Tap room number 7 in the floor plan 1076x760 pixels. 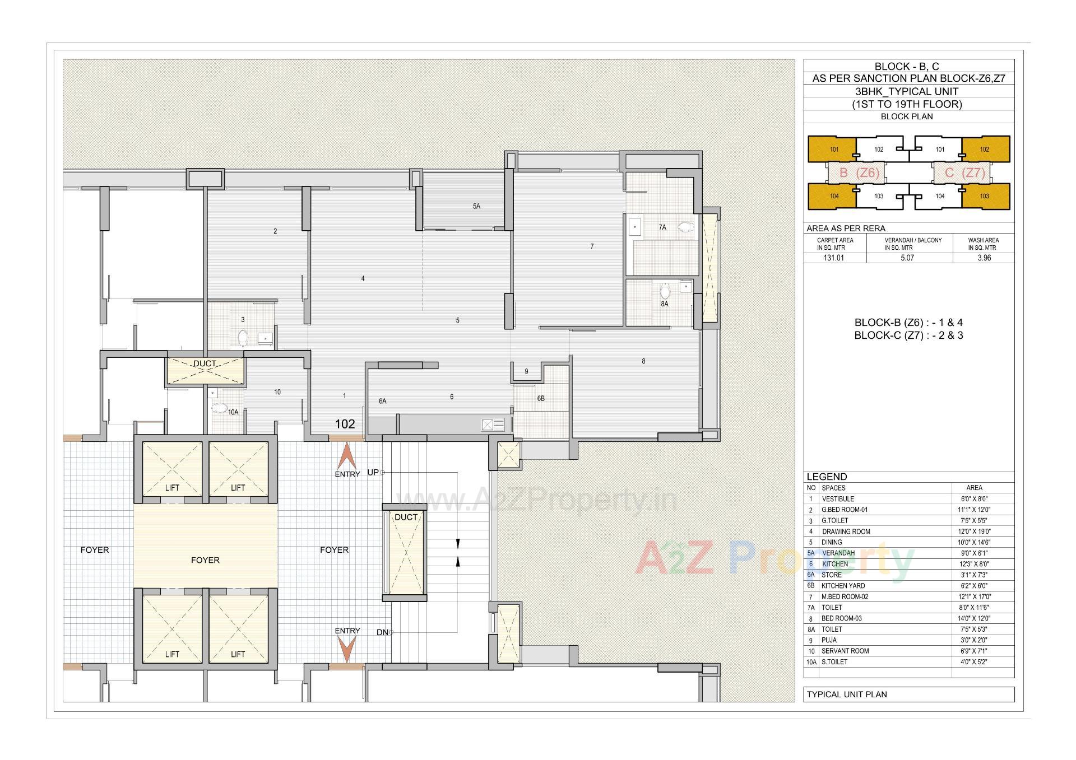pos(592,246)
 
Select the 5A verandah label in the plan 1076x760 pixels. pos(476,206)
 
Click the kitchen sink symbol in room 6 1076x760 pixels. pos(493,425)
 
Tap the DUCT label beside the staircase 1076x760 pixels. pos(406,517)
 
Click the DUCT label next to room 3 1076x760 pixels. pos(205,363)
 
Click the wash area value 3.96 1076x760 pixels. pos(984,258)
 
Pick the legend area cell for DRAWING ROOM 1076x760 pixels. pos(974,531)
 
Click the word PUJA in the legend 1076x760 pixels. pos(829,640)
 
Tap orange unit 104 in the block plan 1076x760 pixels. pos(834,196)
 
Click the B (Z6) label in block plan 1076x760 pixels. pos(859,173)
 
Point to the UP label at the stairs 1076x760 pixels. pos(373,472)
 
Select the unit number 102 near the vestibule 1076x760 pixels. pos(345,424)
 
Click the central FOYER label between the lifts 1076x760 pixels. pos(205,560)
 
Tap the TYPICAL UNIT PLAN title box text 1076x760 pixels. pos(846,694)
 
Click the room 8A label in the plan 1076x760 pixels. pos(664,304)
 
